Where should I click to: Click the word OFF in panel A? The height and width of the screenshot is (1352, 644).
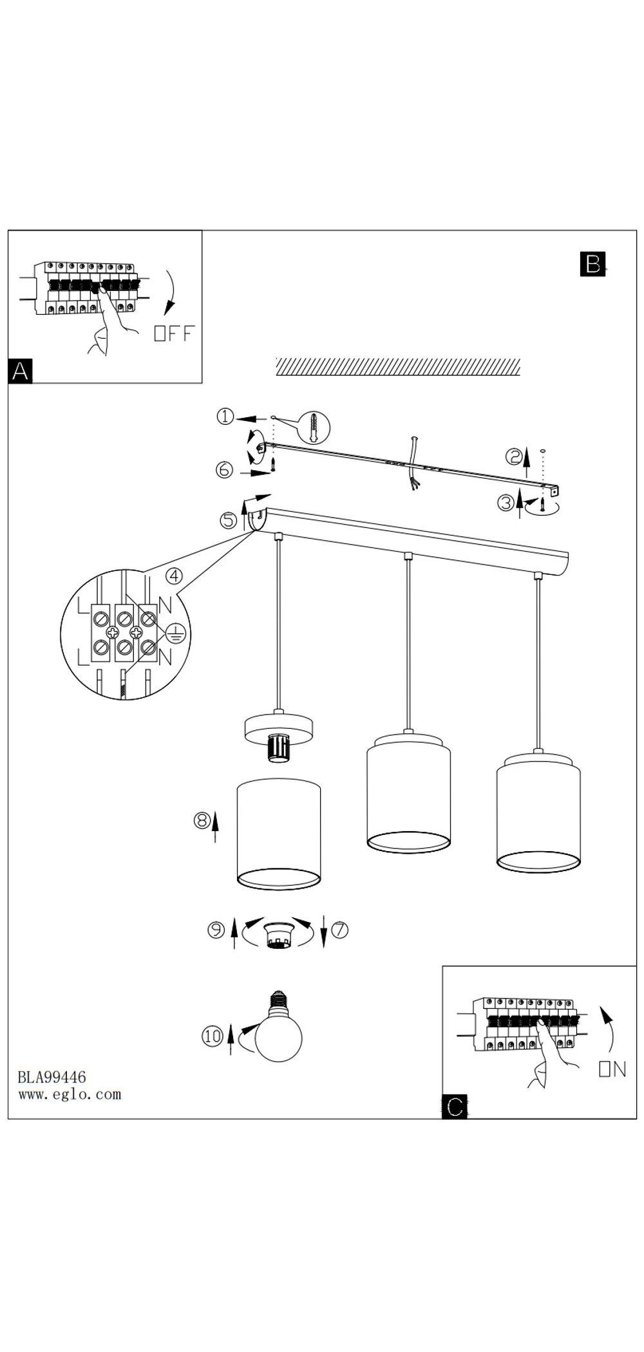174,333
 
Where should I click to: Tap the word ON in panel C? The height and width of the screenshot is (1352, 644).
612,1069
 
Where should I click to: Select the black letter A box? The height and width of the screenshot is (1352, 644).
20,371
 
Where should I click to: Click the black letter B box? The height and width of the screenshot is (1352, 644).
592,264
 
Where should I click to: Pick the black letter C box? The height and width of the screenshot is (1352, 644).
455,1107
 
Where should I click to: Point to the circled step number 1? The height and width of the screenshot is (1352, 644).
225,417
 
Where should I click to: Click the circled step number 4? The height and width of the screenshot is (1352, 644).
174,576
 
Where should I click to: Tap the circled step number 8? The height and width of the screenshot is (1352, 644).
202,820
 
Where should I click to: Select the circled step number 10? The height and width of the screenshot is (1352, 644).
213,1036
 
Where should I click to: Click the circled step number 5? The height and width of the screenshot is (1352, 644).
229,520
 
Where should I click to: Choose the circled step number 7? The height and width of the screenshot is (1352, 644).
340,930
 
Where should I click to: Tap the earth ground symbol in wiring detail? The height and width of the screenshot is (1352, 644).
176,634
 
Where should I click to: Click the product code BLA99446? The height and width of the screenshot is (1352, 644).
52,1077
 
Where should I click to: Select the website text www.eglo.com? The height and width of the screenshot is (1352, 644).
70,1094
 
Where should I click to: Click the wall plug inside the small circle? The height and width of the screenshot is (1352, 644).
314,428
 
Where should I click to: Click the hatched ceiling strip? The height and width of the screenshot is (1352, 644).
398,367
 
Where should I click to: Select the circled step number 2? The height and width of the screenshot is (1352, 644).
513,456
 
